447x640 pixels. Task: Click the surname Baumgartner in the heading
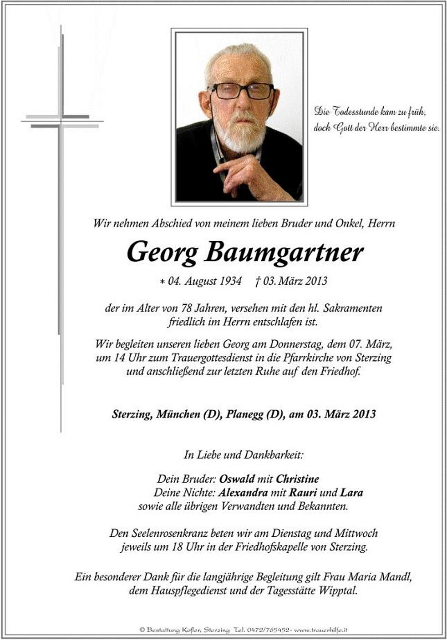(284, 252)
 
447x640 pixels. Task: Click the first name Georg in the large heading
(162, 253)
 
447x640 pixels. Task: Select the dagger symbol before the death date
(258, 282)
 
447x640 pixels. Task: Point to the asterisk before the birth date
(162, 282)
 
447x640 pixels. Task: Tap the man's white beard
(240, 132)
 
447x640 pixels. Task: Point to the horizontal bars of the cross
(62, 121)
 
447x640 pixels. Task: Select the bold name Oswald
(237, 479)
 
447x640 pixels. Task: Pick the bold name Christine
(297, 479)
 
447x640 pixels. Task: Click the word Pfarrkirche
(307, 358)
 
